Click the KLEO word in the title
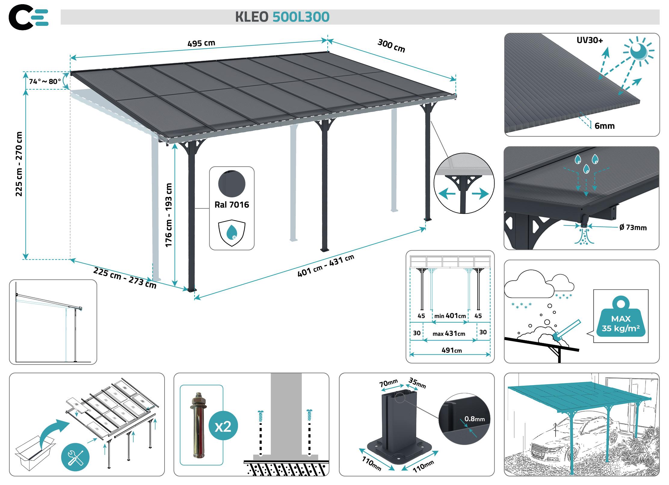(x=251, y=17)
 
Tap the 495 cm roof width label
(x=201, y=43)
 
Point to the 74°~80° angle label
(x=45, y=82)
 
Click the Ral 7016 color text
(x=232, y=205)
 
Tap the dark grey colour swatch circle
(x=232, y=184)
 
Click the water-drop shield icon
(x=232, y=233)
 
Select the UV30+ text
(x=590, y=40)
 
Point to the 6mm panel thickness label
(x=604, y=126)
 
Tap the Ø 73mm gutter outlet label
(x=633, y=227)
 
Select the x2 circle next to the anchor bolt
(x=223, y=426)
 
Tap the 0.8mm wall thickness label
(x=474, y=419)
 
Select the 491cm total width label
(x=452, y=350)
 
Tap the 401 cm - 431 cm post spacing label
(x=325, y=265)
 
